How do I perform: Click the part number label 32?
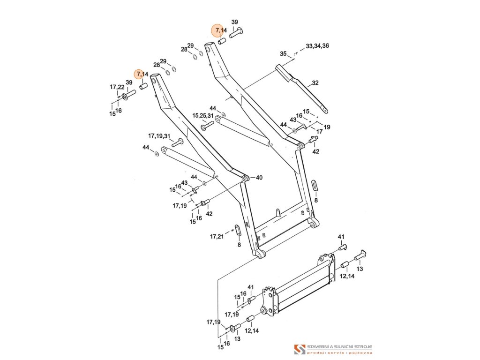(315, 83)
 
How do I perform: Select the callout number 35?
(283, 54)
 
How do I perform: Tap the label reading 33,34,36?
(317, 46)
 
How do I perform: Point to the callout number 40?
(259, 178)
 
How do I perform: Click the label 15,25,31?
(202, 115)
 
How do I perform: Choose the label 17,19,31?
(159, 136)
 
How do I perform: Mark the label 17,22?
(117, 87)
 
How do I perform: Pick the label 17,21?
(217, 237)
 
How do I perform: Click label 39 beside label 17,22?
(129, 82)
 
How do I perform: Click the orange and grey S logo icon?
(299, 349)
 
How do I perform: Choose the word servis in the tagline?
(336, 352)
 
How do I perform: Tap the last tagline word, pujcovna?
(360, 352)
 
